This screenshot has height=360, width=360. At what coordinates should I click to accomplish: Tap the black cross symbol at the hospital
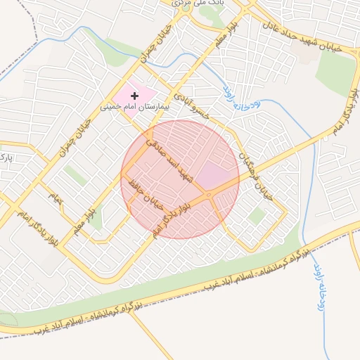point(135,95)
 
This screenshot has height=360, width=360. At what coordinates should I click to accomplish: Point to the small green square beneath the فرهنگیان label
point(256,216)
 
